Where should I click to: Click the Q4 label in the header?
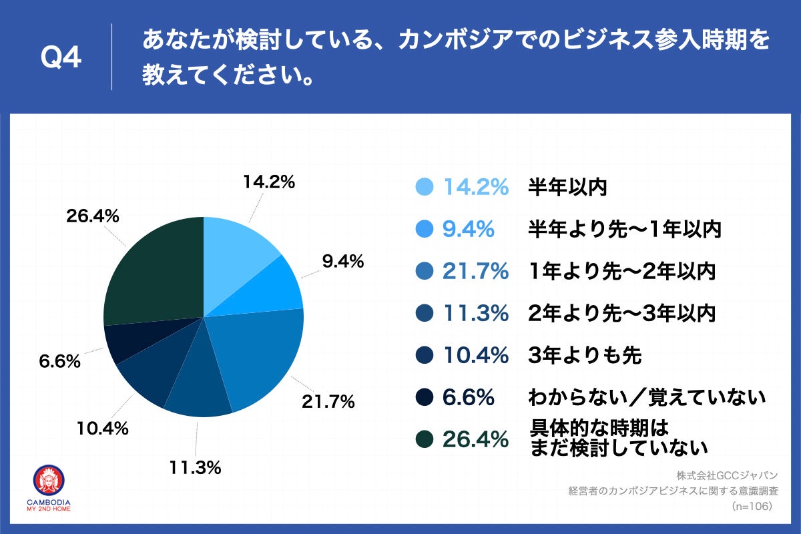pyautogui.click(x=61, y=59)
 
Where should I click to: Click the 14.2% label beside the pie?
pyautogui.click(x=269, y=182)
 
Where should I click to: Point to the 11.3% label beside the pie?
pyautogui.click(x=195, y=468)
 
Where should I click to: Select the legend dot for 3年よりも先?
pyautogui.click(x=424, y=356)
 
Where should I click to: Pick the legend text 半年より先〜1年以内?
pyautogui.click(x=625, y=230)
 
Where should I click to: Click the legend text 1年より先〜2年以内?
pyautogui.click(x=621, y=272)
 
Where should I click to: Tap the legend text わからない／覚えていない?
pyautogui.click(x=645, y=398)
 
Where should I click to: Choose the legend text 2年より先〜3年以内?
pyautogui.click(x=621, y=314)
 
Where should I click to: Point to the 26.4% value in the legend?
pyautogui.click(x=475, y=439)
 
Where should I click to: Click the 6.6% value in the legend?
pyautogui.click(x=468, y=398)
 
